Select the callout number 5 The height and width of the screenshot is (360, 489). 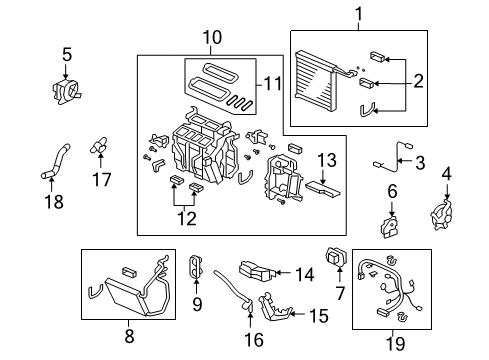click(x=66, y=54)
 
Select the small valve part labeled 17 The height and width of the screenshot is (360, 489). click(x=99, y=146)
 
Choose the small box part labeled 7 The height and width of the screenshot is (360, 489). click(x=336, y=259)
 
